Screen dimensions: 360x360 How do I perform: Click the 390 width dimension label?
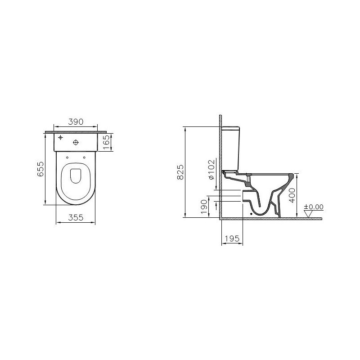[x=76, y=121]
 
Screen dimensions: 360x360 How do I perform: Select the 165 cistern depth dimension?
[x=106, y=142]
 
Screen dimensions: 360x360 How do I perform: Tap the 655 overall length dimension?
[x=40, y=169]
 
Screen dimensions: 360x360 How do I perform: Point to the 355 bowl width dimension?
[x=76, y=217]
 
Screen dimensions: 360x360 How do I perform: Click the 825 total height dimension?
[x=180, y=172]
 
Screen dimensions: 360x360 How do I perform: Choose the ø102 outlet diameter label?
[x=211, y=169]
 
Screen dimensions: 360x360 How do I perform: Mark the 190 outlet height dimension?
[x=204, y=207]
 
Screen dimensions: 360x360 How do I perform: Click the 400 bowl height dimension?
[x=292, y=195]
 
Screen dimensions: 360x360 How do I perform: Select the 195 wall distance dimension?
[x=232, y=238]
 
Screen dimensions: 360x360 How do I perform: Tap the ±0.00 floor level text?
[x=314, y=207]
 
